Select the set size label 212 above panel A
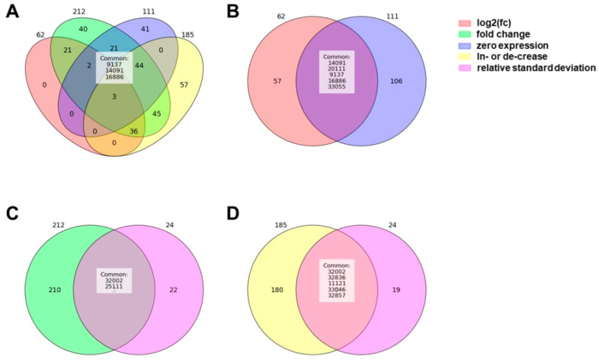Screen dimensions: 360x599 (x=79, y=11)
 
